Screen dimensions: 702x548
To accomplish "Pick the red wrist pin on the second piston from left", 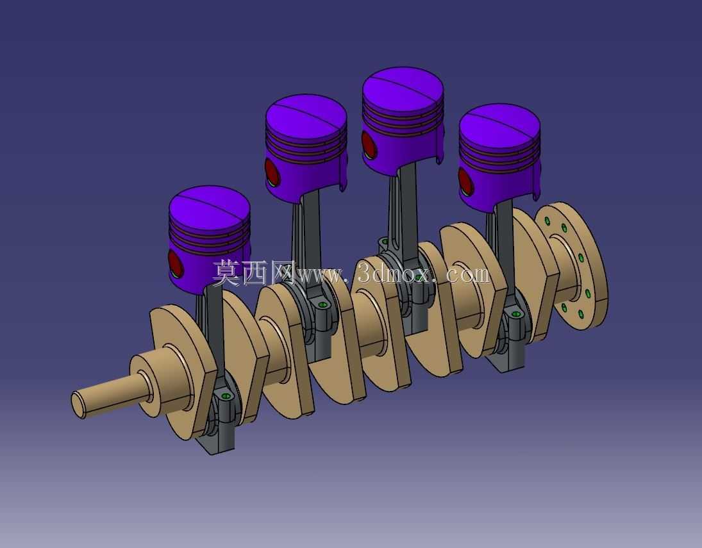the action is click(272, 172).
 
